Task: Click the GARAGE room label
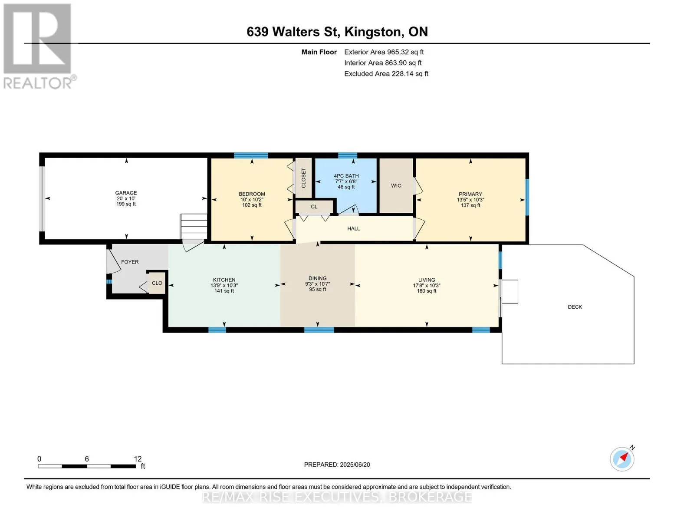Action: [126, 193]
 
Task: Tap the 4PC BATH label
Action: [346, 176]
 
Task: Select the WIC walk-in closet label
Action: [396, 185]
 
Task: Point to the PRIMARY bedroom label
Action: [470, 194]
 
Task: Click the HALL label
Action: [354, 229]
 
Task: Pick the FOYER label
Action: [130, 262]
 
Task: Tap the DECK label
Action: [575, 307]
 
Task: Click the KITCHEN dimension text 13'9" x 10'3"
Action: [224, 286]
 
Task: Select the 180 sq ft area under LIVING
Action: [427, 291]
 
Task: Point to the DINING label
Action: [317, 278]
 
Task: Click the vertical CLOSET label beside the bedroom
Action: [303, 178]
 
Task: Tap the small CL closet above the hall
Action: [314, 207]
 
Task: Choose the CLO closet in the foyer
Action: [157, 283]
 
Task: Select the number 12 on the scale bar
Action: [138, 459]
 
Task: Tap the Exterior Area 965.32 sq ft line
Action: [384, 52]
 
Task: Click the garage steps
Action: [194, 227]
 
